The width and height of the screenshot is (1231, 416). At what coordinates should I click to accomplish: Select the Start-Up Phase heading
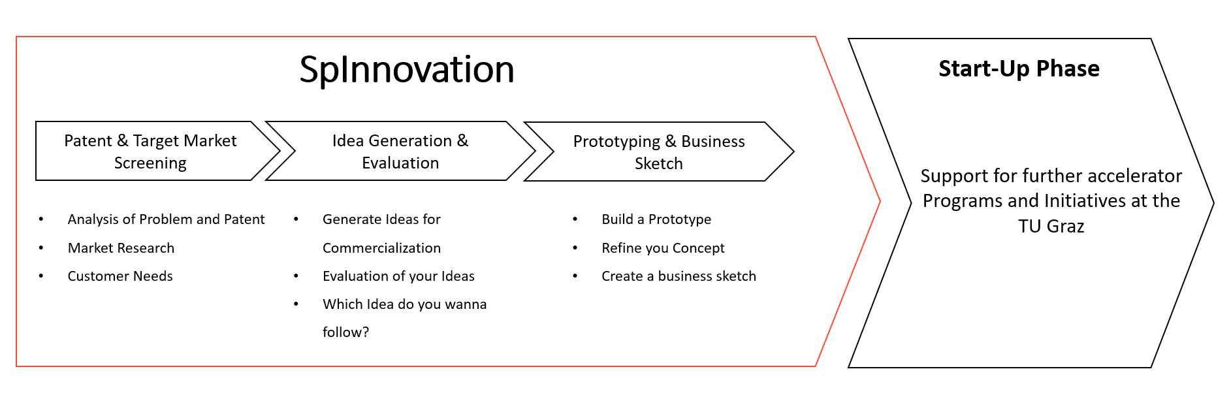[1019, 69]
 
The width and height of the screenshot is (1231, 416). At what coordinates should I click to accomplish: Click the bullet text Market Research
[121, 248]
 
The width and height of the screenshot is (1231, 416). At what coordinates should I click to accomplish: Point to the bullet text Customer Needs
[120, 276]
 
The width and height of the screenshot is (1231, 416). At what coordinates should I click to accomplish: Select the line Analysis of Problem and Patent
[166, 219]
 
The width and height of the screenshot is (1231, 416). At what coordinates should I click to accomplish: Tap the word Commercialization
[381, 248]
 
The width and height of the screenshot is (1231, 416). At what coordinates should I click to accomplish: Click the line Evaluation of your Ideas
[398, 276]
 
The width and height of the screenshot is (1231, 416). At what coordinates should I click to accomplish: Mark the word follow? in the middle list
[345, 332]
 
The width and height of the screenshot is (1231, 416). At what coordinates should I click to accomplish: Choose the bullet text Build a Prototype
[656, 219]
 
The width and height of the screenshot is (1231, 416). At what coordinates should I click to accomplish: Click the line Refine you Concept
[663, 248]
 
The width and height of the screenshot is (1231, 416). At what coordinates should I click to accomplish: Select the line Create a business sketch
[679, 276]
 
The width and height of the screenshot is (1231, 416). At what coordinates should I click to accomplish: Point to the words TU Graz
[1051, 227]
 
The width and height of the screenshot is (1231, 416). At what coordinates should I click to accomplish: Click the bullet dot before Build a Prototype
[575, 219]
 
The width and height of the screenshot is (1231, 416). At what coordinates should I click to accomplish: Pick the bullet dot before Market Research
[41, 248]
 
